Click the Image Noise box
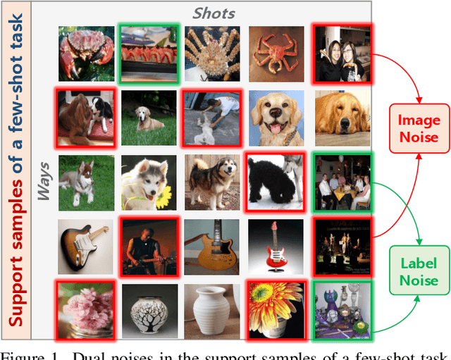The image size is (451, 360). click(x=419, y=128)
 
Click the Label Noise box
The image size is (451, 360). click(x=419, y=272)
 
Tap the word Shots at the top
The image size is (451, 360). click(x=215, y=13)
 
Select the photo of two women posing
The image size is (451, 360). click(x=342, y=54)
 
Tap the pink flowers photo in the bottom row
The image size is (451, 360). click(x=85, y=309)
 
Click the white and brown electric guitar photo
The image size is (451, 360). click(x=85, y=246)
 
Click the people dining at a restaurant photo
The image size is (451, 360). click(x=342, y=181)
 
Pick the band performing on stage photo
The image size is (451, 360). click(x=342, y=246)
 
